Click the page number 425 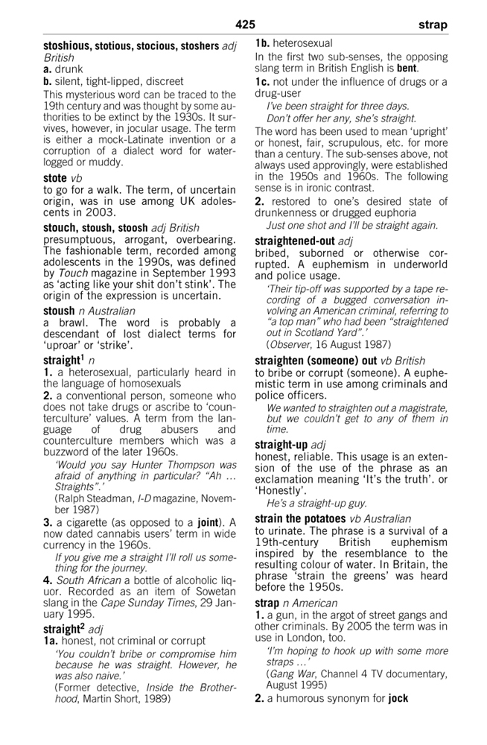click(245, 25)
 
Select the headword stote click(55, 178)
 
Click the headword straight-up click(283, 445)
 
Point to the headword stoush click(59, 311)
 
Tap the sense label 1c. click(264, 81)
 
